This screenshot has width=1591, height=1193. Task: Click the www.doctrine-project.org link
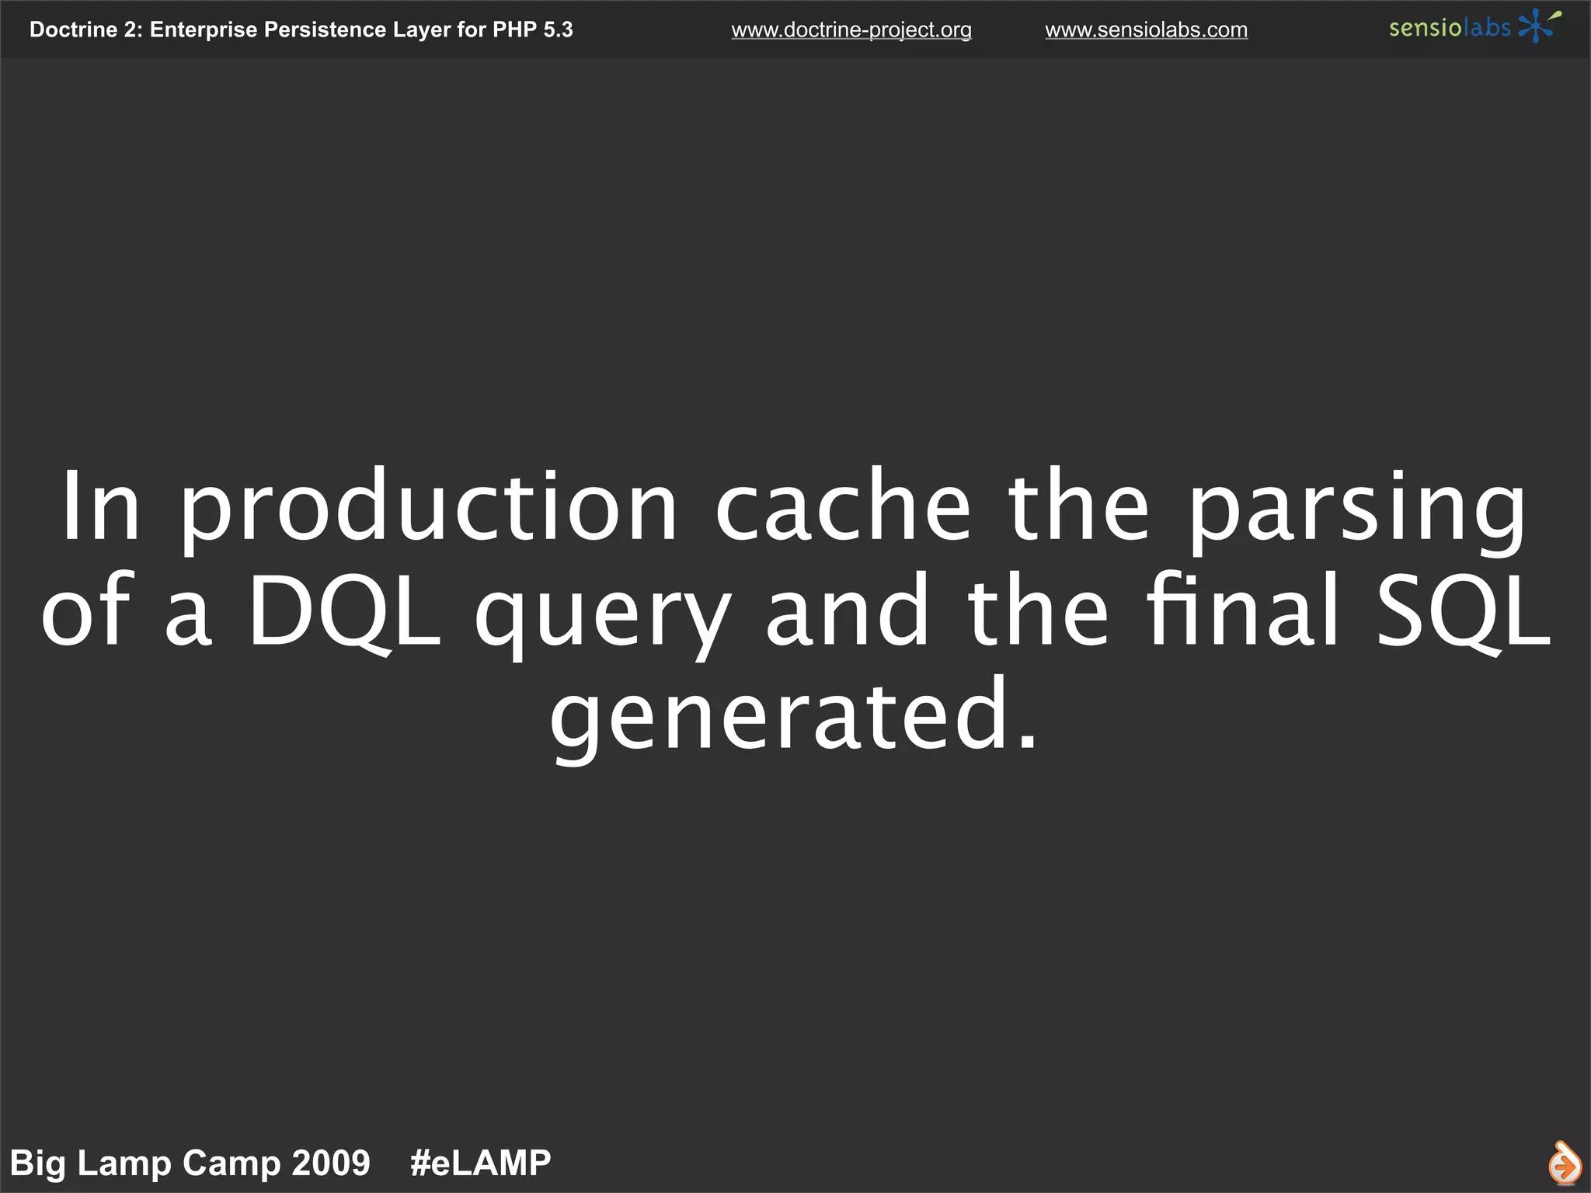(x=851, y=30)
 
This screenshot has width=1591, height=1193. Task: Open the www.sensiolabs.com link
(x=1146, y=30)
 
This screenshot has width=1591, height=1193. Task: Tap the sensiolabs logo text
(x=1449, y=28)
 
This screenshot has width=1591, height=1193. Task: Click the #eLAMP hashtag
(x=480, y=1163)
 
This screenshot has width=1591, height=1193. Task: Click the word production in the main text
(x=429, y=509)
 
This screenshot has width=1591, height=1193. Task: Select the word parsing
(x=1356, y=509)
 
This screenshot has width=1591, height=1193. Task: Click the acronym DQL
(x=344, y=611)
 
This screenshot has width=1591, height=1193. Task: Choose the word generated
(x=792, y=716)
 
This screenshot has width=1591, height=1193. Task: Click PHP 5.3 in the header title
(x=533, y=30)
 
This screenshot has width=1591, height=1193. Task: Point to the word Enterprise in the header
(x=203, y=30)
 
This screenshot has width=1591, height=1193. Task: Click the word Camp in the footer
(x=221, y=1163)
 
